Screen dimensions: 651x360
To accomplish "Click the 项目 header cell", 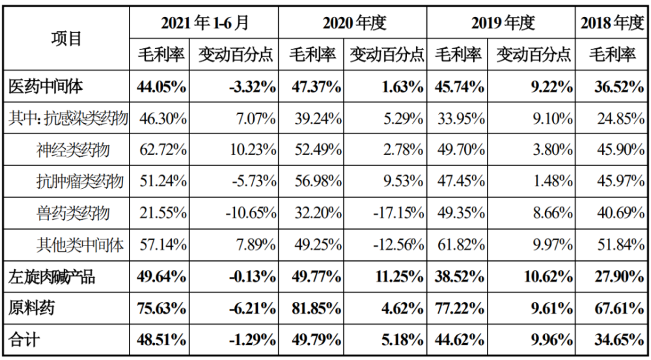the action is (66, 38).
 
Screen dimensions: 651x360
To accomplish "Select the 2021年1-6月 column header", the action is (204, 22).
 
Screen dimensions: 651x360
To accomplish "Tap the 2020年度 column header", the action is (354, 23).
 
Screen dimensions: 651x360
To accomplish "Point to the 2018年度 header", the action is (612, 23).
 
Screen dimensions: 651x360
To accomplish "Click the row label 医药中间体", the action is (46, 87).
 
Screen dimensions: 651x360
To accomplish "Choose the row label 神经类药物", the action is (73, 150).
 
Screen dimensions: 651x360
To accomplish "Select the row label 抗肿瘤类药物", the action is (80, 182).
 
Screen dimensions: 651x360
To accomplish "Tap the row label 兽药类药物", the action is (73, 213).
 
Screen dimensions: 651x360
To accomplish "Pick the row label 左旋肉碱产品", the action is (51, 276).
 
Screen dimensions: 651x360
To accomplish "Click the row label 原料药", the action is (31, 308).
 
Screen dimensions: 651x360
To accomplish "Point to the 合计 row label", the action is (24, 340).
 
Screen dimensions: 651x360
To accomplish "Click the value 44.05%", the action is (161, 87).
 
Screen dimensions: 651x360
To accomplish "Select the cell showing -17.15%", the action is (398, 214).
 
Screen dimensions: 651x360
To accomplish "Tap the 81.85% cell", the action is (316, 309).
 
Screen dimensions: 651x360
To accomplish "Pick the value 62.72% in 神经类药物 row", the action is (161, 150).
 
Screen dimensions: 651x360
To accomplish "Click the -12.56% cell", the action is (398, 245).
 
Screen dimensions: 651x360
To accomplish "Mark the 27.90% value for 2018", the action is (619, 277).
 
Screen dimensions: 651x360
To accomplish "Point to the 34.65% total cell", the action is (619, 340).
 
